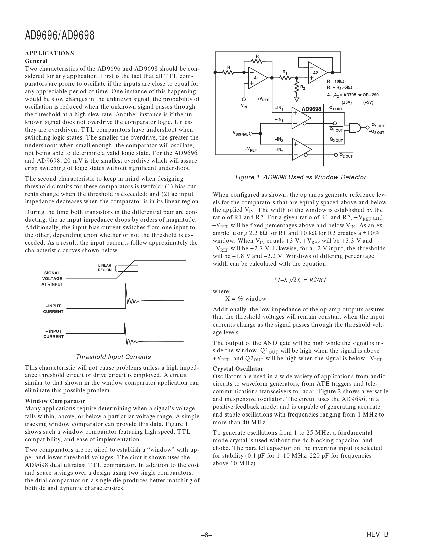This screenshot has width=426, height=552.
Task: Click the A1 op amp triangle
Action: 257,78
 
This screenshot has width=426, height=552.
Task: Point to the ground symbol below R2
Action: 296,99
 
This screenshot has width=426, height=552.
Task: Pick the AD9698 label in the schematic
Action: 311,109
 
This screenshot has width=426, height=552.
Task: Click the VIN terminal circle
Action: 244,99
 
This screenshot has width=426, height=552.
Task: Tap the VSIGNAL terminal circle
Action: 251,133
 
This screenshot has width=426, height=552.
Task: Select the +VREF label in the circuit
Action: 263,99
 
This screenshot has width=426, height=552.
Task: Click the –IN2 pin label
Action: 279,150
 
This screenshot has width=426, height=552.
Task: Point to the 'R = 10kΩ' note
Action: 335,81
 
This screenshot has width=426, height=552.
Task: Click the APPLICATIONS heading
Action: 49,53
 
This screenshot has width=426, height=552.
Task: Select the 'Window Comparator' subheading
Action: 55,401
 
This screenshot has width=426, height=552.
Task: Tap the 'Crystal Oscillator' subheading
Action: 238,369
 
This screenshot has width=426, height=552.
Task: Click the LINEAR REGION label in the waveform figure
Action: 105,268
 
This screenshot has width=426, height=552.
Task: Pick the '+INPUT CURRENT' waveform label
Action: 53,309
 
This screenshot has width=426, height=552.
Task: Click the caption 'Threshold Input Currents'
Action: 113,357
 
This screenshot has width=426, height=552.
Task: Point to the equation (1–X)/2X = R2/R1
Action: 300,280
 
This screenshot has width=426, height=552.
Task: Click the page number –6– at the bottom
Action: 207,535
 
